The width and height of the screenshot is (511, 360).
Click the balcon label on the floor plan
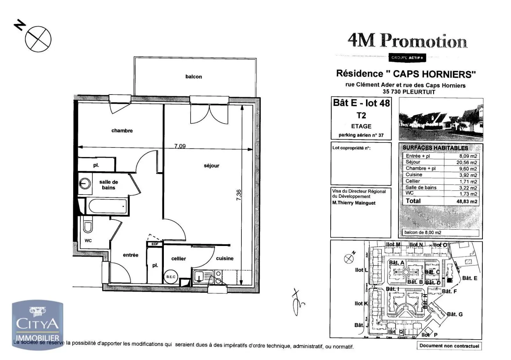point(194,77)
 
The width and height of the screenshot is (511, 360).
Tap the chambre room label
point(122,131)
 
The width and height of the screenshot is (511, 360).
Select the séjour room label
point(211,165)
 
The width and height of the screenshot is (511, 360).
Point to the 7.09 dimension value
point(180,146)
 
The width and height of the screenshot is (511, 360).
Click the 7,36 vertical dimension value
point(239,195)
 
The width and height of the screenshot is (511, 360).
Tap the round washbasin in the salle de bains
point(85,184)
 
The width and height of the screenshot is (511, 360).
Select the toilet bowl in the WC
point(88,226)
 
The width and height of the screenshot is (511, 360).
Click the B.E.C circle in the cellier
point(171,277)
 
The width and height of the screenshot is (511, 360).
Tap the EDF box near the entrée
point(155,244)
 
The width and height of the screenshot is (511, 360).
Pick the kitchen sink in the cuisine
point(200,277)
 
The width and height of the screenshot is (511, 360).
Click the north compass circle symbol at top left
point(38,39)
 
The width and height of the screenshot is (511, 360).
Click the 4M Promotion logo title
point(407,41)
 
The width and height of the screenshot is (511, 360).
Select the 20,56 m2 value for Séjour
point(467,162)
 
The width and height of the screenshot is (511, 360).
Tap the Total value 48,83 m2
point(467,202)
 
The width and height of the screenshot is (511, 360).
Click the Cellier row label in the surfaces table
point(413,181)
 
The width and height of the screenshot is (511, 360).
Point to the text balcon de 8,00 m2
point(423,233)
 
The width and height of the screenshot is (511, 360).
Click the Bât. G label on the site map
point(454,314)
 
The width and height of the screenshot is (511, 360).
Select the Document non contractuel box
point(449,346)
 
